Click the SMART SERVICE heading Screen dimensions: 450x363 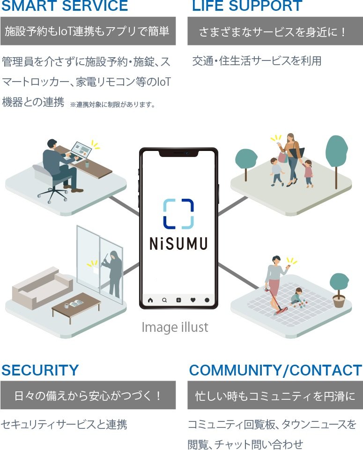(x=65, y=6)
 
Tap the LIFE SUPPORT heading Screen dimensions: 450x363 (x=247, y=6)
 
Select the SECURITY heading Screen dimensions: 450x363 (x=40, y=370)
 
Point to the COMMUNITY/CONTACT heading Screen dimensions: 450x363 (x=275, y=370)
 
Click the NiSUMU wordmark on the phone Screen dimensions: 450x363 (x=178, y=244)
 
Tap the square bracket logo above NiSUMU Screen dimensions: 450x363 (x=178, y=213)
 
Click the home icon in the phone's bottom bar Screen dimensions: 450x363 (x=150, y=300)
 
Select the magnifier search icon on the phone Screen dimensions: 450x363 (x=164, y=300)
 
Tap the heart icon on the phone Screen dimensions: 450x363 (x=193, y=300)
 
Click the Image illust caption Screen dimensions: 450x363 (x=175, y=327)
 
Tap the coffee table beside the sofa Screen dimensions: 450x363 (x=76, y=304)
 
